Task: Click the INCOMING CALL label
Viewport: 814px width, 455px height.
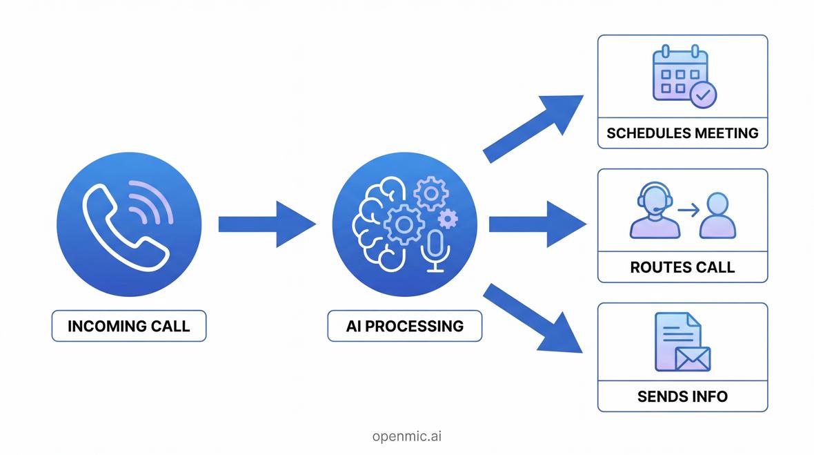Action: click(129, 326)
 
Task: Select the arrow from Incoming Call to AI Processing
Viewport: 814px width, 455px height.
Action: click(266, 224)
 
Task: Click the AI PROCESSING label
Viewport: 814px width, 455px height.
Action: click(404, 326)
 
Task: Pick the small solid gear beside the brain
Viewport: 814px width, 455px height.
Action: click(448, 219)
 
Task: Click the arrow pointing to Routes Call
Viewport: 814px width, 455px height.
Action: click(537, 224)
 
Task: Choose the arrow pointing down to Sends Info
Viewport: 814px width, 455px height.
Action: click(533, 318)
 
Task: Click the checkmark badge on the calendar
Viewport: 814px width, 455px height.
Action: click(703, 95)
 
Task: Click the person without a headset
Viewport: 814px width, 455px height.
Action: click(717, 214)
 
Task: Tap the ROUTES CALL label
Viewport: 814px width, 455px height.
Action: click(682, 267)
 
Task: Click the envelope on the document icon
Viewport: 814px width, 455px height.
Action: click(692, 359)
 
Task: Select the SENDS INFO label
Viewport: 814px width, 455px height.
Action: click(682, 396)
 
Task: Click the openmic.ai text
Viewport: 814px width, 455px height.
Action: click(407, 436)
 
